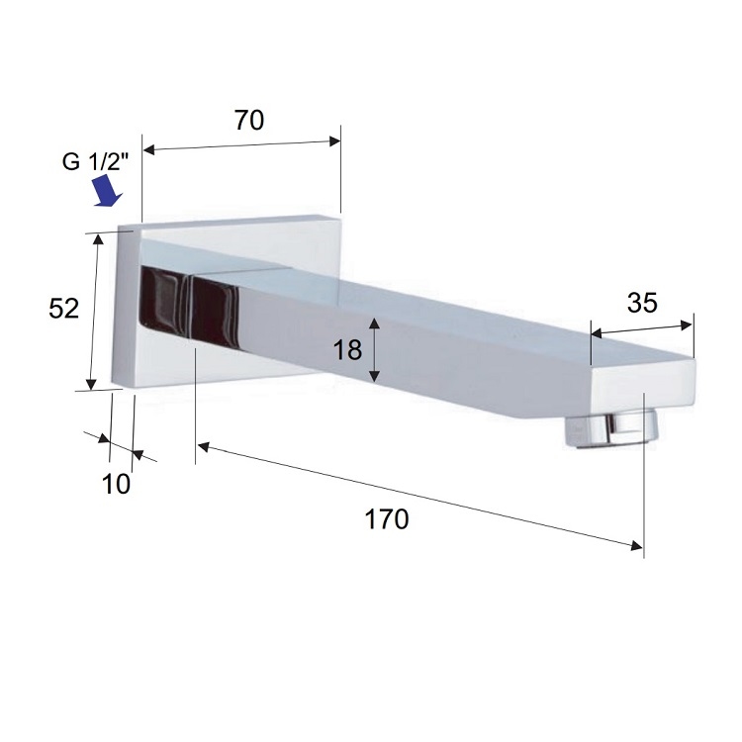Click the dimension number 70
(249, 120)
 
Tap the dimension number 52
(64, 309)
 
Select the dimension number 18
(348, 350)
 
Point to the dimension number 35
(642, 303)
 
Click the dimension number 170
(387, 519)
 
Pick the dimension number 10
(116, 484)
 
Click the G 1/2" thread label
(96, 162)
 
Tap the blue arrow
(109, 191)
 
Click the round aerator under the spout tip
(611, 428)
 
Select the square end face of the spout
(643, 389)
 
